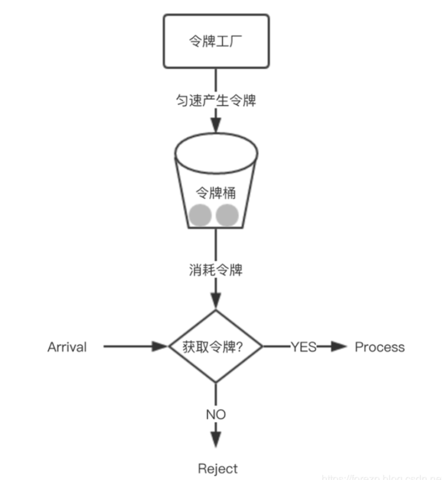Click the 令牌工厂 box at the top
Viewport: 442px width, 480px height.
click(216, 41)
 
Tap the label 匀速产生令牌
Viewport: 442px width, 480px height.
click(216, 100)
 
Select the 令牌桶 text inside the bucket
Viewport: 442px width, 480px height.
click(216, 193)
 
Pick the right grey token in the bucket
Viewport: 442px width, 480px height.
click(227, 215)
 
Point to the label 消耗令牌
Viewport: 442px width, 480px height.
click(216, 269)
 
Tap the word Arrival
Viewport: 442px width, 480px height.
click(67, 347)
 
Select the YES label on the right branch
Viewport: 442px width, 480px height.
click(304, 347)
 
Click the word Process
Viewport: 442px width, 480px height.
click(379, 347)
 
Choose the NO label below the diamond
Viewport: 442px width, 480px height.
click(216, 414)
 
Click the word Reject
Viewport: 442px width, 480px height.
click(217, 468)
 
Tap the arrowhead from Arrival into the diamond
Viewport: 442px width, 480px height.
click(159, 347)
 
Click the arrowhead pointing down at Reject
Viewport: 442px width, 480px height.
click(216, 439)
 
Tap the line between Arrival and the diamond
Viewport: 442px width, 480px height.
click(127, 347)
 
